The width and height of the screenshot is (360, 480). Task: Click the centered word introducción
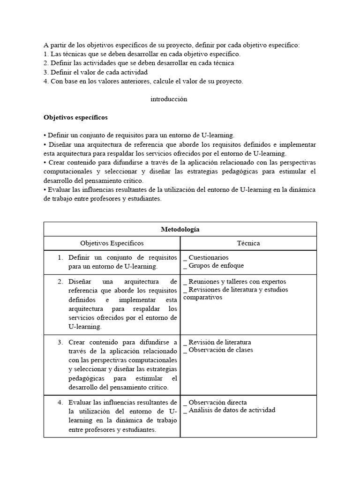[169, 99]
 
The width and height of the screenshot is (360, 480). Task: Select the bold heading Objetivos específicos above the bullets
[75, 117]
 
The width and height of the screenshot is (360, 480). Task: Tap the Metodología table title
[180, 229]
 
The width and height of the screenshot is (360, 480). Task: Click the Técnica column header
[248, 243]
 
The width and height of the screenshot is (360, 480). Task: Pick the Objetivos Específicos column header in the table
[112, 243]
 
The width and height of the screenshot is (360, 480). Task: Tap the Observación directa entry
[215, 402]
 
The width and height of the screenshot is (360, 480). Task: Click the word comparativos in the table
[203, 297]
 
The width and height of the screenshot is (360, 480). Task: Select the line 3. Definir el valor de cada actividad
[96, 72]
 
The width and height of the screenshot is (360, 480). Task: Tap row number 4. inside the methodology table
[60, 402]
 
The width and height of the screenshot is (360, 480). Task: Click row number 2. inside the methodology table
[60, 282]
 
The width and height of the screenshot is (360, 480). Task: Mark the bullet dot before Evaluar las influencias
[45, 190]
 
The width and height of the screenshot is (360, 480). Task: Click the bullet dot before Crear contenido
[45, 162]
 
